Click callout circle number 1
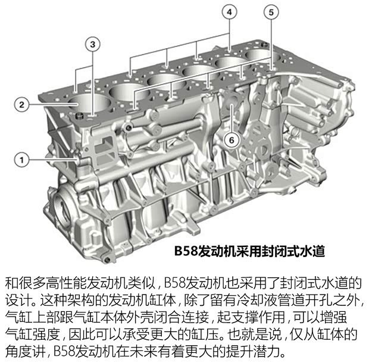21,159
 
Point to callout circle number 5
271,12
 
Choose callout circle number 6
231,140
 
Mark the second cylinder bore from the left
125,90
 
